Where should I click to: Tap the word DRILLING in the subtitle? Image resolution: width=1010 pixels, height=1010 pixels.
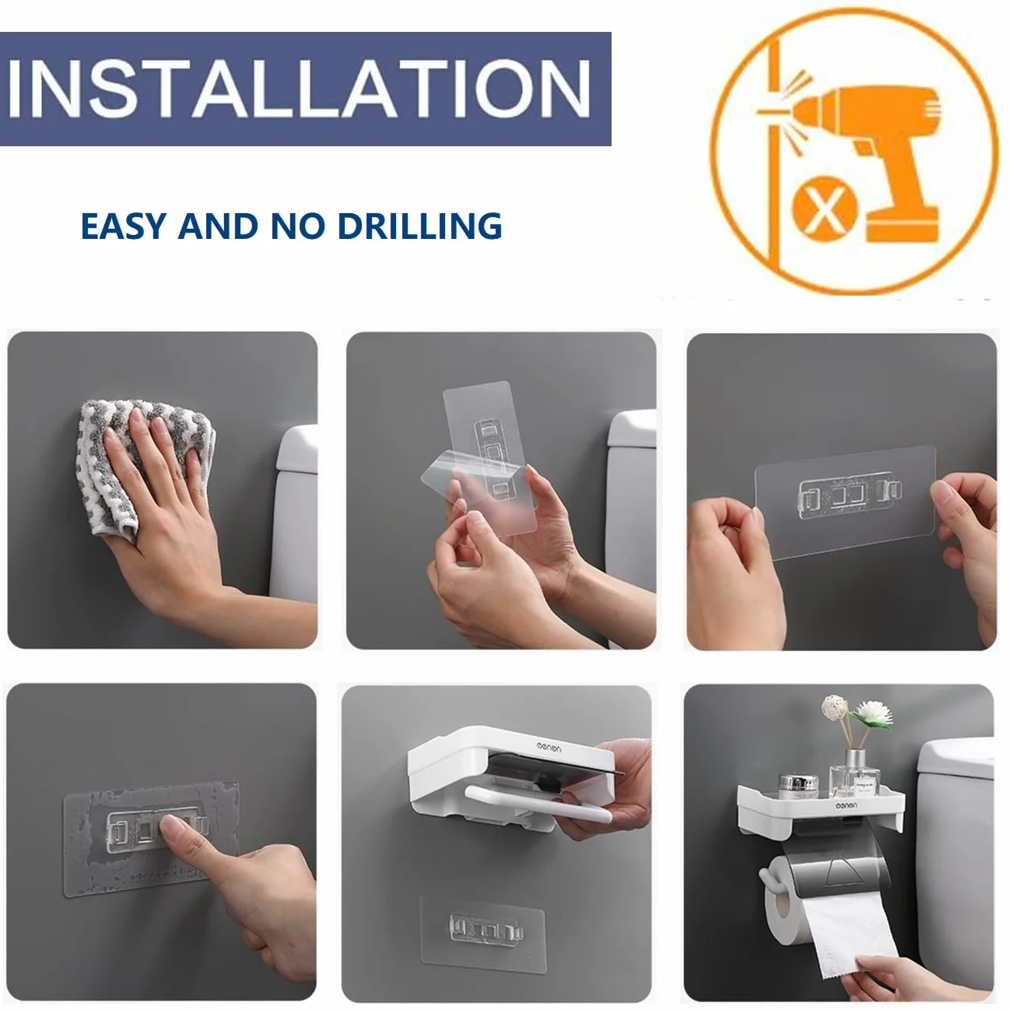click(x=420, y=226)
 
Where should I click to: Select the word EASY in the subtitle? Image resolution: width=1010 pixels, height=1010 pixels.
click(x=124, y=226)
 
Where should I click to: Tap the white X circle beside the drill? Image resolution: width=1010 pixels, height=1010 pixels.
click(x=825, y=208)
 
